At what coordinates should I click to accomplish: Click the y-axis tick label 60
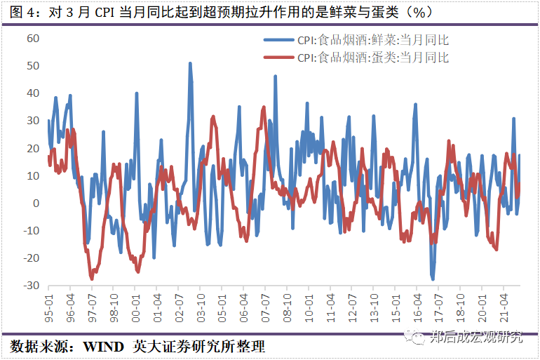(32, 38)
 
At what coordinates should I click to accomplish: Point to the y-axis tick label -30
(30, 286)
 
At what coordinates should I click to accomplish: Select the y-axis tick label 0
(36, 204)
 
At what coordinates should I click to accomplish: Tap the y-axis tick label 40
(32, 93)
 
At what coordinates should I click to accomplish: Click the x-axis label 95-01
(49, 305)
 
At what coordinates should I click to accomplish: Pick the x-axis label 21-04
(504, 305)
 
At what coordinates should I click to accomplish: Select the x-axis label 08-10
(287, 305)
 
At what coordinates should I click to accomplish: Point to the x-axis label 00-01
(135, 305)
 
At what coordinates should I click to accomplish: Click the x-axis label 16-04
(417, 305)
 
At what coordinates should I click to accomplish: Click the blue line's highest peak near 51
(190, 64)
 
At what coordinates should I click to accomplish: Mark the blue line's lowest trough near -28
(433, 279)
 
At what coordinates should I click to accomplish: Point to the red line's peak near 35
(264, 107)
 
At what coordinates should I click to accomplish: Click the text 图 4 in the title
(25, 12)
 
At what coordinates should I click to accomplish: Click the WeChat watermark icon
(418, 338)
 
